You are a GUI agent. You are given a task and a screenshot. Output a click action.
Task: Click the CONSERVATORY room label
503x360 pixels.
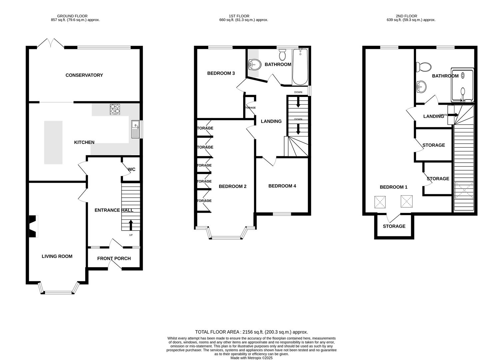pos(84,75)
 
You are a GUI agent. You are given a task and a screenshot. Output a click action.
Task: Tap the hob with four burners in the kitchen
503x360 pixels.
pos(115,109)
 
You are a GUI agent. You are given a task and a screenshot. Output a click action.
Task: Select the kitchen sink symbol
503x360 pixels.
pos(135,129)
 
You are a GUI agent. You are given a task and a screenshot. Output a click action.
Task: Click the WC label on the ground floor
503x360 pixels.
pos(132,169)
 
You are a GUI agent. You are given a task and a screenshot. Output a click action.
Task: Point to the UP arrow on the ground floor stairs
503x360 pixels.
pos(130,225)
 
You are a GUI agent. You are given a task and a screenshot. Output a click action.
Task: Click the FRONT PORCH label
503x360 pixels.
pos(114,258)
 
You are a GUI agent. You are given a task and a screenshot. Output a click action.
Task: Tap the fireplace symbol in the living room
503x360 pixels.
pos(33,227)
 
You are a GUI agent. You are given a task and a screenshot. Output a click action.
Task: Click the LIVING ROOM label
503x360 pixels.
pos(57,256)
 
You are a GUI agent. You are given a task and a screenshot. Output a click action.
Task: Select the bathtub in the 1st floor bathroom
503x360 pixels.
pos(300,67)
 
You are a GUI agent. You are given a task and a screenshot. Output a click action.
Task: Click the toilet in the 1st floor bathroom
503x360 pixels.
pos(283,54)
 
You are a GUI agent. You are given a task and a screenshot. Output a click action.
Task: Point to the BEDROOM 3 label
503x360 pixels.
pos(221,73)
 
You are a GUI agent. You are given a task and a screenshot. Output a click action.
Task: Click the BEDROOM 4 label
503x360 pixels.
pos(282,186)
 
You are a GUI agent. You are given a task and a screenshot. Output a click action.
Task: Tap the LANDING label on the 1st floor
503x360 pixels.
pos(271,121)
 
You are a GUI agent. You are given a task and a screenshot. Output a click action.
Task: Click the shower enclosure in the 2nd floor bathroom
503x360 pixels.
pos(462,85)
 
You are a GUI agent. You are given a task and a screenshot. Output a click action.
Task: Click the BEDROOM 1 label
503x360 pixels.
pos(393,187)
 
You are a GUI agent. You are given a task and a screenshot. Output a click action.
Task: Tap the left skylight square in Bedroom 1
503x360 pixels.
pos(380,202)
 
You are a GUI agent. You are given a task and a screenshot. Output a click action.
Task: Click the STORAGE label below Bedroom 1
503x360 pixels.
pos(394,226)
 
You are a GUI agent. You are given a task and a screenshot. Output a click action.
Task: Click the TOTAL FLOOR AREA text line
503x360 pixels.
pos(251,332)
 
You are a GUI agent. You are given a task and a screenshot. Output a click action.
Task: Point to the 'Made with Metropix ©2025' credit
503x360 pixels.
pos(251,358)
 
